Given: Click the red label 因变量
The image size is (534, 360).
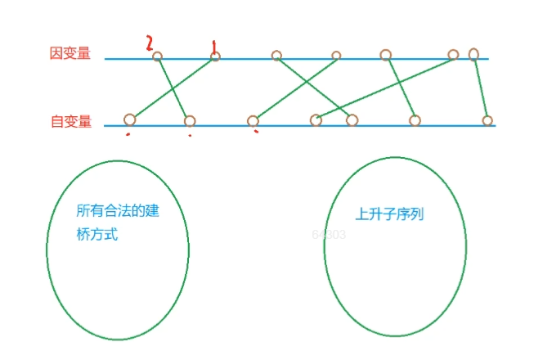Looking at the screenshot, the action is [70, 54].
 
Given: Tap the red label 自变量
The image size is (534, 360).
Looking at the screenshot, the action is [70, 122].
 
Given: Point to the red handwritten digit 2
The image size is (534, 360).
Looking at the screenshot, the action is [150, 43].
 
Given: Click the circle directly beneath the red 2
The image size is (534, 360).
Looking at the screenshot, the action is [158, 56].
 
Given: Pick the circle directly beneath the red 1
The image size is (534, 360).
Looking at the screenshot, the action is [215, 56].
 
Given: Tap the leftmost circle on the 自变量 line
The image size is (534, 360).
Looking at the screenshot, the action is [129, 119].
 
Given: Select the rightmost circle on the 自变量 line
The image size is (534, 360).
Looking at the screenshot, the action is [487, 121].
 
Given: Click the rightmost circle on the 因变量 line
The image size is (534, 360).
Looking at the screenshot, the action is [473, 55].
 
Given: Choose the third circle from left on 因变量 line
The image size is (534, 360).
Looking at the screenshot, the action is [276, 56].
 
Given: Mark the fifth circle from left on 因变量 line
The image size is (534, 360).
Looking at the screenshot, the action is [385, 55].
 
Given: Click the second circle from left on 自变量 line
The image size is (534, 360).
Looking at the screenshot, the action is [190, 121].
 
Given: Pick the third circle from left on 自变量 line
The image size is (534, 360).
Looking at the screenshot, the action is [253, 120].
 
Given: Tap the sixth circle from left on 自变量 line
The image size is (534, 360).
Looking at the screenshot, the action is [415, 121].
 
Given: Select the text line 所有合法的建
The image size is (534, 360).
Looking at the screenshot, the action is [117, 211].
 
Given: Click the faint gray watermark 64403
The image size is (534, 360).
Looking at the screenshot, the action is [329, 235].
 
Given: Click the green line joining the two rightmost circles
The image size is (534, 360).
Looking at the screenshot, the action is [481, 88].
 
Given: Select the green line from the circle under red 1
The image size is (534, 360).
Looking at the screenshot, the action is [173, 88].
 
